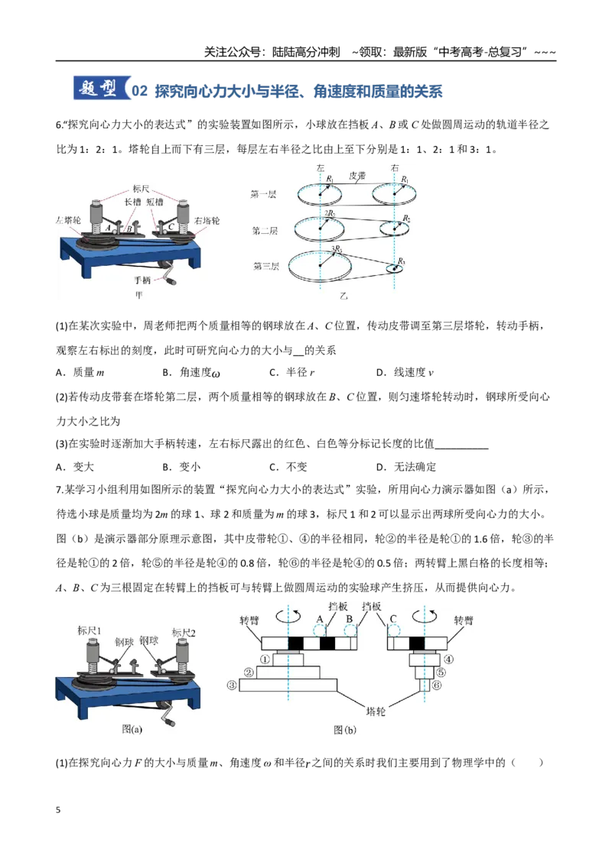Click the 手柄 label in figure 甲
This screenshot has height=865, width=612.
click(142, 280)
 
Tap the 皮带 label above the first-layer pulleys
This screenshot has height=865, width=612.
click(357, 176)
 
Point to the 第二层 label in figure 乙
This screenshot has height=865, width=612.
click(265, 230)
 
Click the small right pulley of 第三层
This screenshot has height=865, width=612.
click(395, 269)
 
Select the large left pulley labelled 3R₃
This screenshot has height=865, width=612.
click(321, 265)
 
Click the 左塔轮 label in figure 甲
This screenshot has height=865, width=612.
click(68, 220)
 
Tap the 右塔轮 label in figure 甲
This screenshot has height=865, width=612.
click(207, 221)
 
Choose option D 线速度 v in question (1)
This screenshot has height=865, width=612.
click(405, 372)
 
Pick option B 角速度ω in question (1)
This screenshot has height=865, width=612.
click(191, 372)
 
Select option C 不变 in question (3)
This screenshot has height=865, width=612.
click(288, 467)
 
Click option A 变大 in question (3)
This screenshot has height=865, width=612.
click(74, 467)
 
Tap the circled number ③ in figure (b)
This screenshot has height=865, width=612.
click(232, 685)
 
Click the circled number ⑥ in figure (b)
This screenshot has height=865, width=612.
click(437, 685)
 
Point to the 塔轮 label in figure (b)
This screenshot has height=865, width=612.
click(376, 711)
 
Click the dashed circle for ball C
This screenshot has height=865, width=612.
click(393, 630)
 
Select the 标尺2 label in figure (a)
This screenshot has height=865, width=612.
click(184, 633)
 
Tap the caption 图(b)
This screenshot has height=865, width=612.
click(345, 730)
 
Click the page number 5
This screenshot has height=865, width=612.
click(58, 810)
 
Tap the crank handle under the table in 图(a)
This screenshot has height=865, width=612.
click(164, 714)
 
